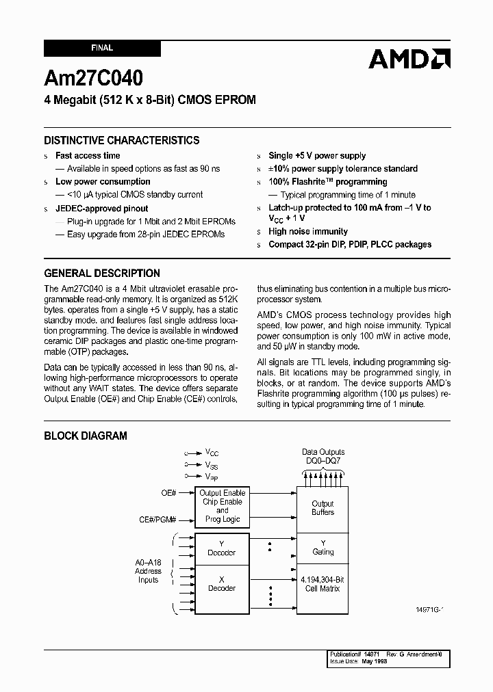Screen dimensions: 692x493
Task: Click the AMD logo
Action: tap(409, 59)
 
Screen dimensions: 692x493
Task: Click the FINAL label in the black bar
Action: tap(102, 49)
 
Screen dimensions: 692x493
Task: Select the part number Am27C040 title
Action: tap(94, 77)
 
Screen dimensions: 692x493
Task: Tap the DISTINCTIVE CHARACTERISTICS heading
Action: tap(122, 140)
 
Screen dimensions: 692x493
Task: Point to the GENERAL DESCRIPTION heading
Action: tap(102, 273)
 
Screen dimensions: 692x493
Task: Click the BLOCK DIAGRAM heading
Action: tap(86, 436)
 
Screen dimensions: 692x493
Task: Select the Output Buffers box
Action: tap(323, 508)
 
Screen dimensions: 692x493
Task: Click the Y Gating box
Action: tap(323, 548)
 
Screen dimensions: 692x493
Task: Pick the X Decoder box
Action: tap(221, 583)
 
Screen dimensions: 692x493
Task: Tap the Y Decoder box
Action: tap(221, 548)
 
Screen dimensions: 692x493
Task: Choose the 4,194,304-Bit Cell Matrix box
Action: tap(323, 583)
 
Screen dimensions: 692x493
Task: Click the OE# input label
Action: tap(168, 492)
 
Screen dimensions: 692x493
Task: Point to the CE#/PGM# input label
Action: tap(158, 520)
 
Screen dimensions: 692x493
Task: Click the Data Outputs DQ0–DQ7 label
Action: tap(323, 457)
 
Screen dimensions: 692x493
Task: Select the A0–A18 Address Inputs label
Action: tap(148, 571)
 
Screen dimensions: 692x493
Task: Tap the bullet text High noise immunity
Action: tap(308, 232)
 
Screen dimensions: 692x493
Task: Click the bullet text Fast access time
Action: tap(88, 156)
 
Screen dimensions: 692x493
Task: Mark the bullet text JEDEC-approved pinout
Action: tap(101, 209)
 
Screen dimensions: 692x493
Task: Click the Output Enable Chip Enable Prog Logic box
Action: tap(222, 506)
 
